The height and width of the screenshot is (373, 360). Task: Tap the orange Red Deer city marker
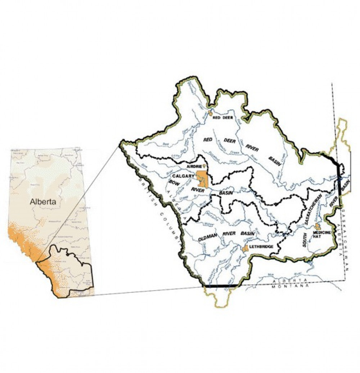210,113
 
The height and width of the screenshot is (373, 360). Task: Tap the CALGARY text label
184,176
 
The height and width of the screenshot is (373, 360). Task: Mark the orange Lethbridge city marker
246,248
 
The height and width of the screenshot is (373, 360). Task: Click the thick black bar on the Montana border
221,286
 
